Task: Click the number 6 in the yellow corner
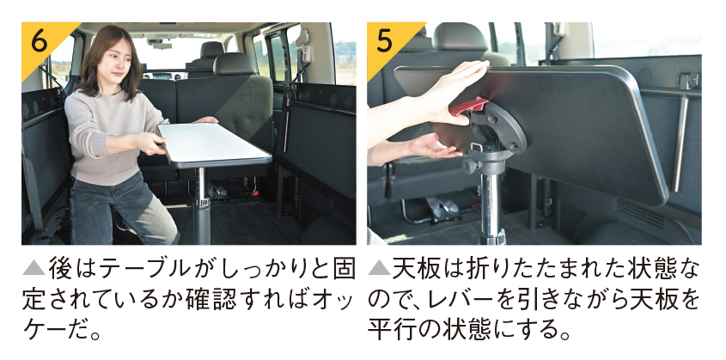point(40,42)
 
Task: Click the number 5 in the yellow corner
point(384,41)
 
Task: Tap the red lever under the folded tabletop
point(468,106)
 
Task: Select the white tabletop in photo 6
point(214,143)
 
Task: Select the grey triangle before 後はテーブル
point(34,269)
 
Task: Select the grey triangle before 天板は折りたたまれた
point(379,269)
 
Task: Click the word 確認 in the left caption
point(209,301)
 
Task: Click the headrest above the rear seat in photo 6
point(235,64)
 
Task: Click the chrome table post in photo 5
point(491,203)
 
